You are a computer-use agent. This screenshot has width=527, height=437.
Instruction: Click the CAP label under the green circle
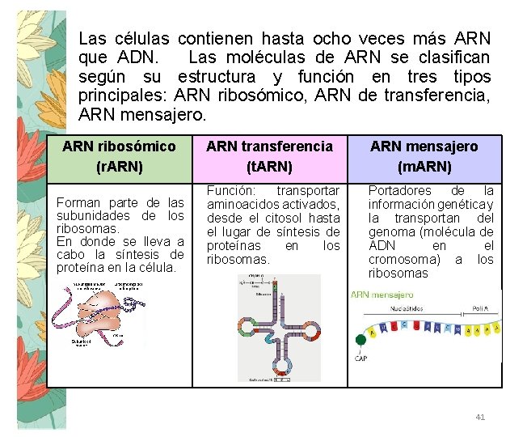(361, 359)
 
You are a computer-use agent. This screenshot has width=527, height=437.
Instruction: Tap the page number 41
(480, 417)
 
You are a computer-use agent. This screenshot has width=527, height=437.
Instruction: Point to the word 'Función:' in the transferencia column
(231, 190)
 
